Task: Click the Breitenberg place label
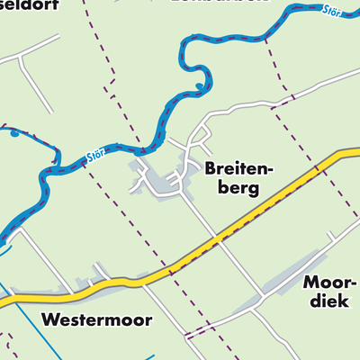pyautogui.click(x=232, y=177)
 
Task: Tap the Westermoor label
pyautogui.click(x=96, y=319)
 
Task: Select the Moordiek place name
pyautogui.click(x=329, y=292)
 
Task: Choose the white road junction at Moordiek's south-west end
pyautogui.click(x=261, y=298)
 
